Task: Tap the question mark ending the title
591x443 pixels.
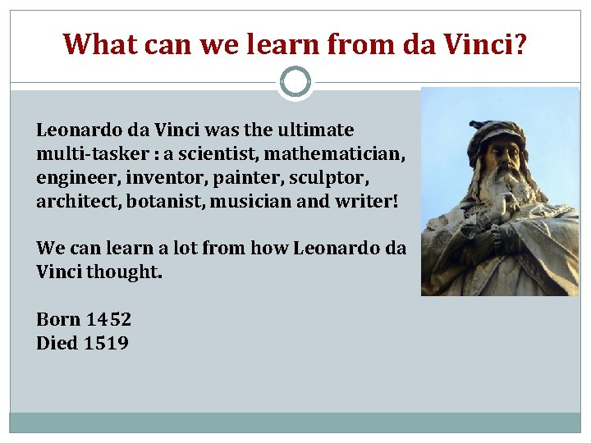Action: pos(520,43)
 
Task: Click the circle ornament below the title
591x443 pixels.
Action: pos(295,82)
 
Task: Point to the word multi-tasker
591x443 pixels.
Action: pos(88,154)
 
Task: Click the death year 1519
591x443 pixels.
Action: pos(106,343)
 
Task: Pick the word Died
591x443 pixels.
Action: pos(57,343)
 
